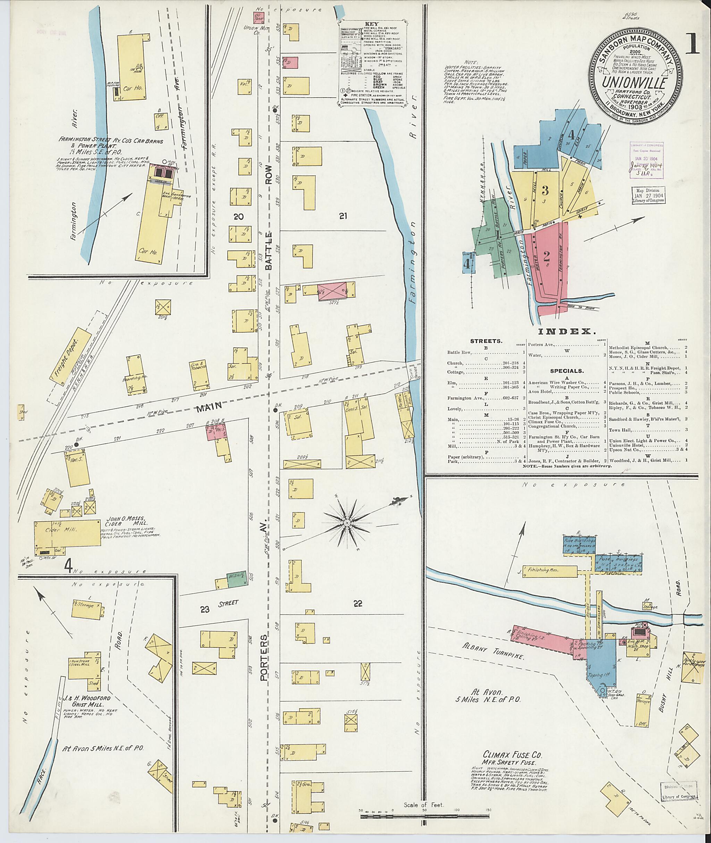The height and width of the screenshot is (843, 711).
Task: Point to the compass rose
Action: click(346, 522)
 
